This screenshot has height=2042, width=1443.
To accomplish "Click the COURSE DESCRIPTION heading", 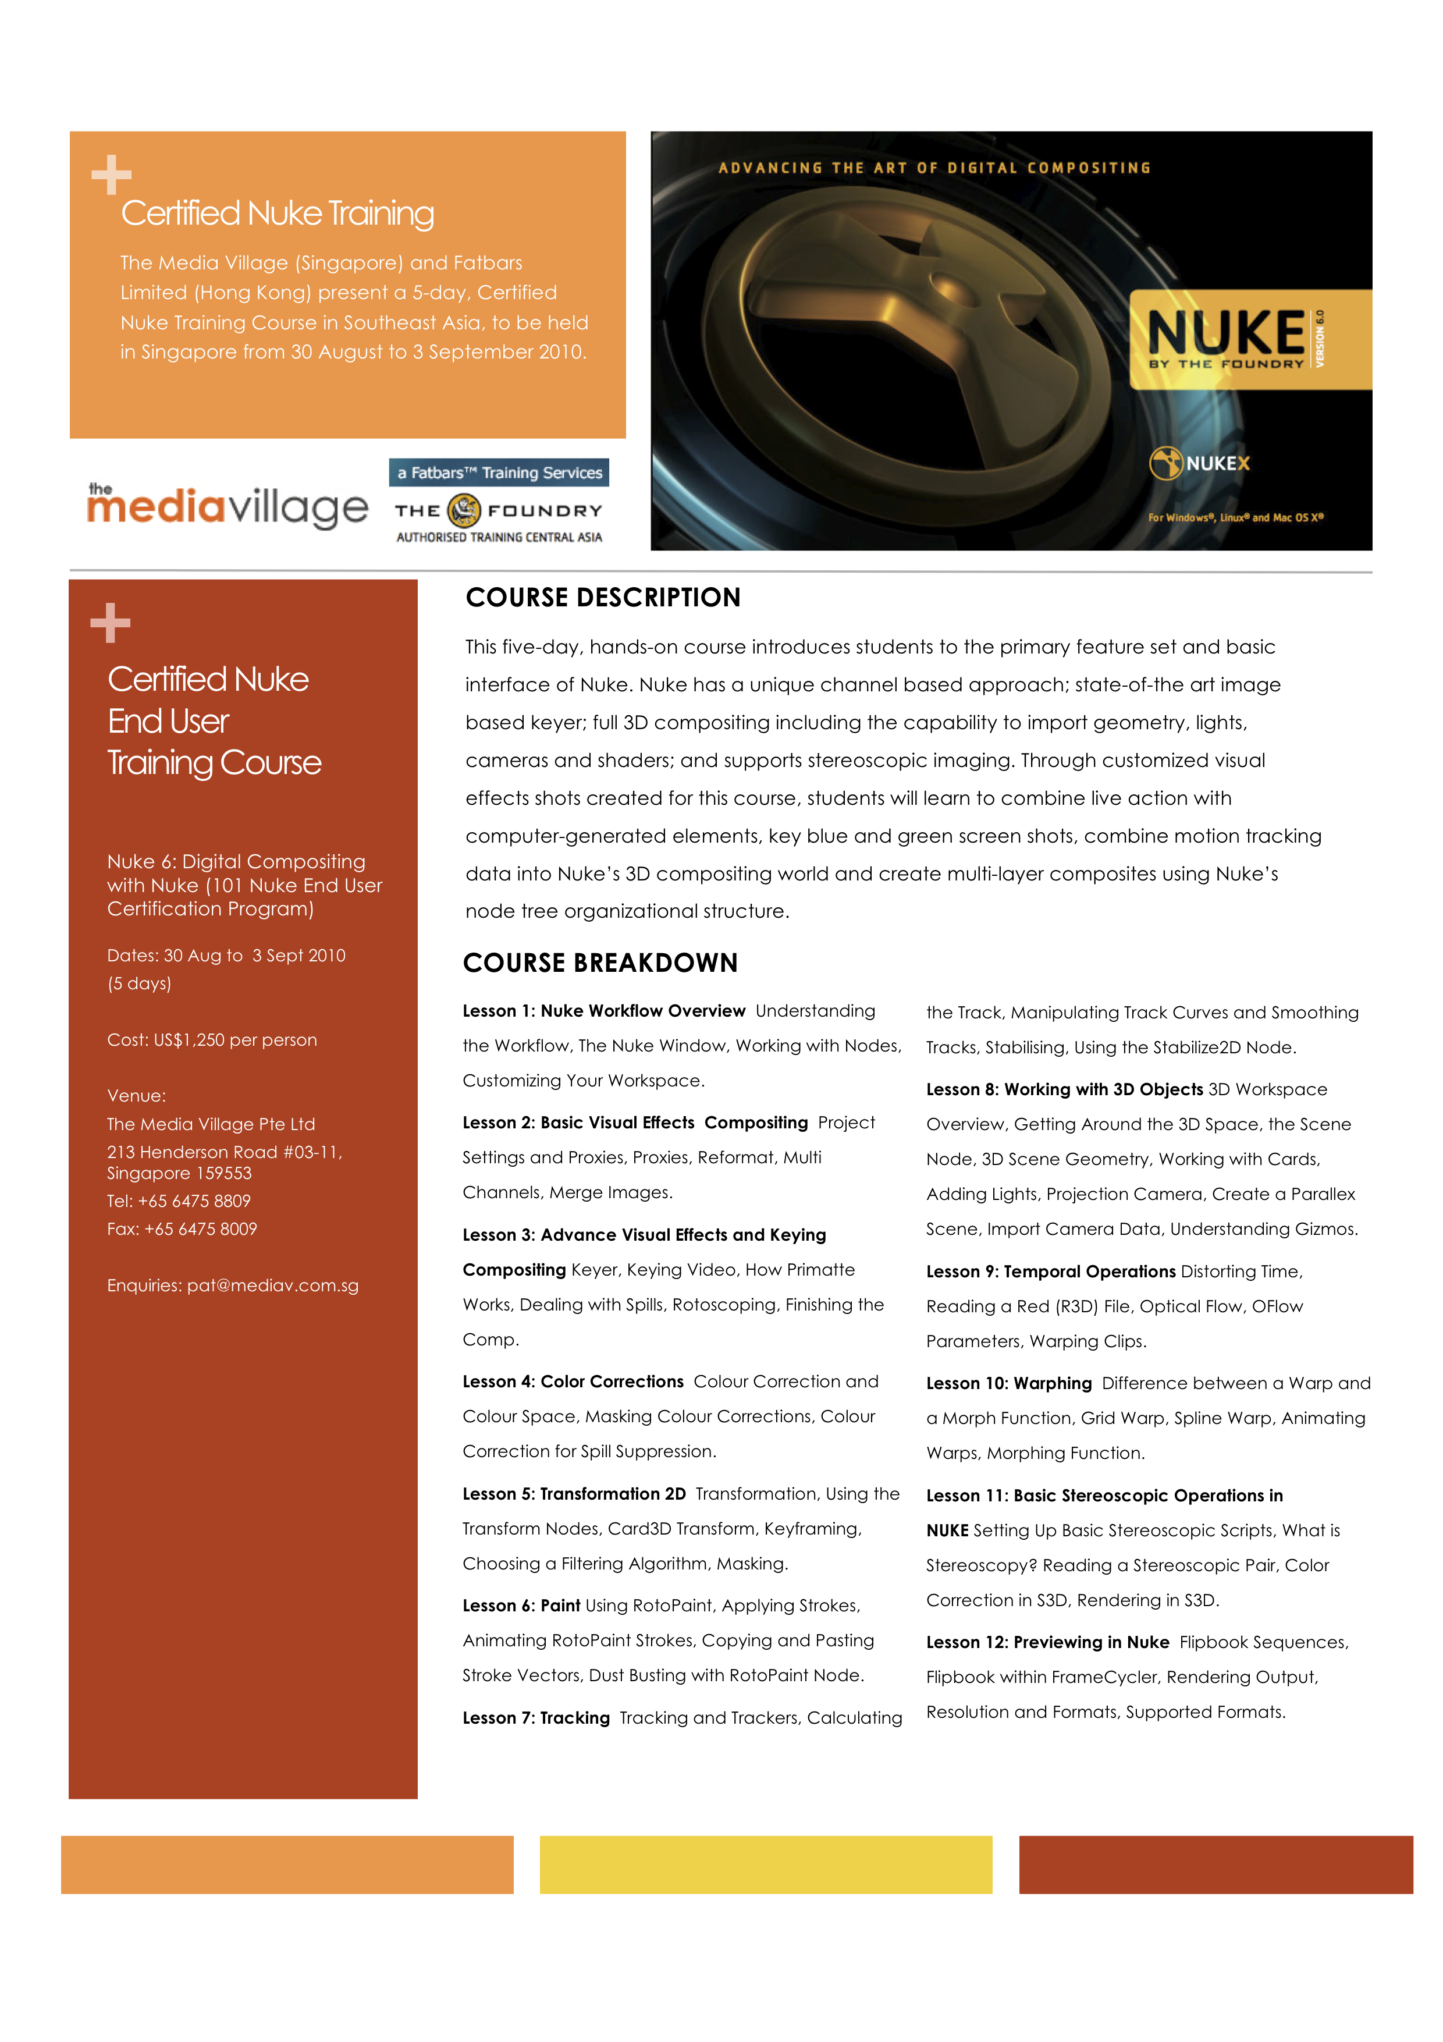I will [603, 598].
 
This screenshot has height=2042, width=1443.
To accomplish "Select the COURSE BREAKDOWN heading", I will [600, 963].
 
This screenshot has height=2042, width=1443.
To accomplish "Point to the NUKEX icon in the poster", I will [1165, 463].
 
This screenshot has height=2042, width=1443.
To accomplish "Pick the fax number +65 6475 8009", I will [200, 1229].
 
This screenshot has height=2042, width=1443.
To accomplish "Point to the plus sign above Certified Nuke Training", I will [111, 175].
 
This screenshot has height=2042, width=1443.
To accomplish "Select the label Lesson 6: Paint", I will [521, 1606].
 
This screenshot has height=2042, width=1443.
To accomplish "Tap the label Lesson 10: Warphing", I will [1008, 1383].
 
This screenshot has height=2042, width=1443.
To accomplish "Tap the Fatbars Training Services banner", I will [499, 473].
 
